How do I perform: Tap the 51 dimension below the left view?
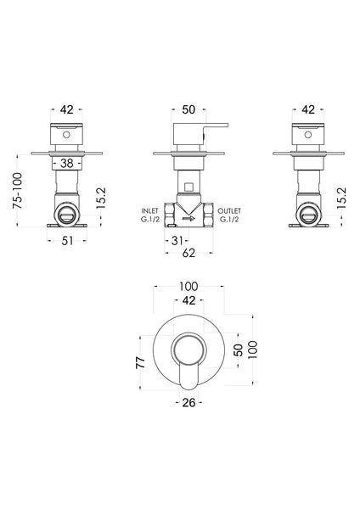click(x=67, y=240)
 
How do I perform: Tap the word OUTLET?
click(x=229, y=210)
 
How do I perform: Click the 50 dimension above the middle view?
click(x=188, y=109)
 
